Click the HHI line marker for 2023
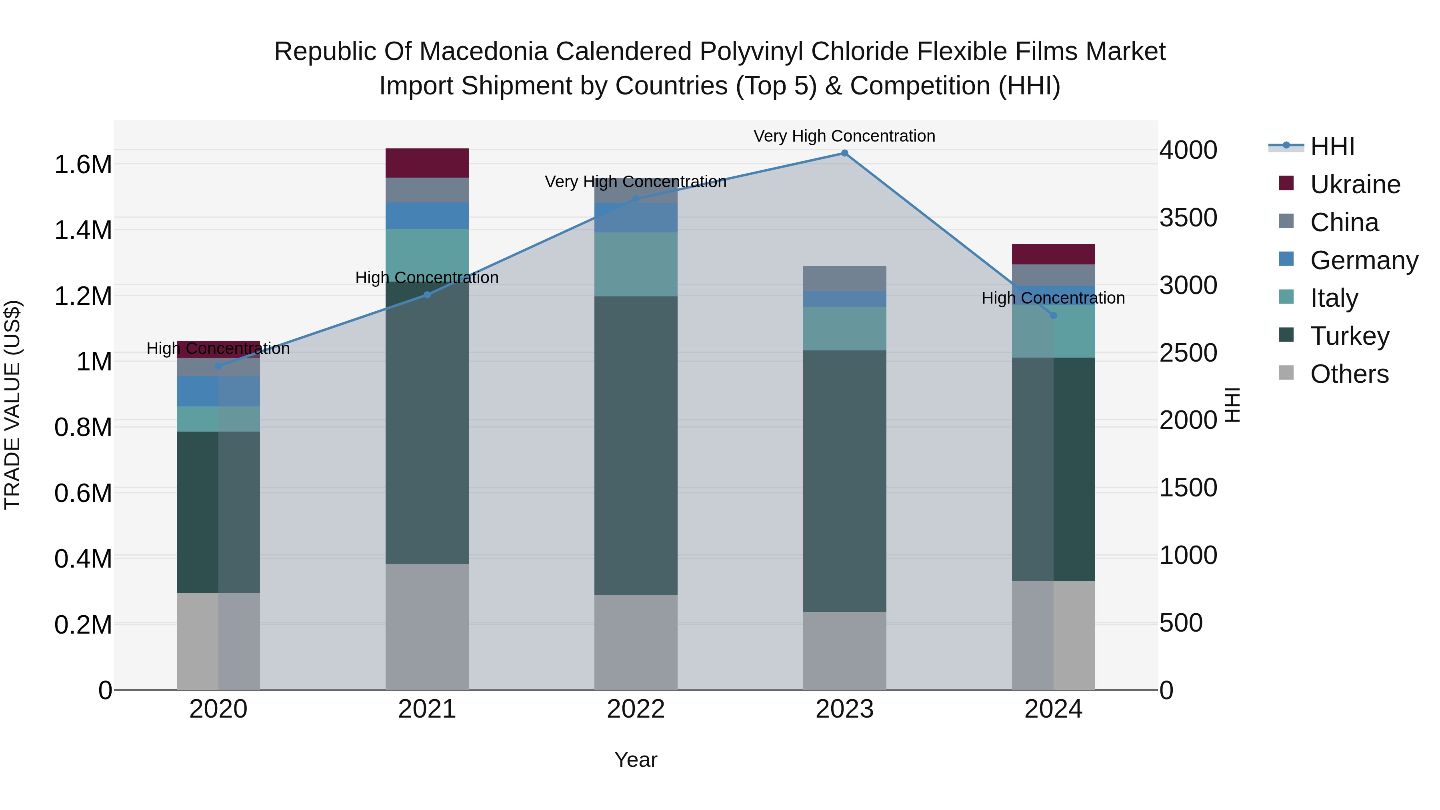click(844, 153)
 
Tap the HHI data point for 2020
click(218, 366)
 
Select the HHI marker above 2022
click(636, 199)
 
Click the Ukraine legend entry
click(1355, 184)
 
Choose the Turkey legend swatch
click(1286, 336)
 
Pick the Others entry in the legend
click(1349, 374)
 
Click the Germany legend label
click(1364, 260)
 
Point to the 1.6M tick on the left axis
click(83, 165)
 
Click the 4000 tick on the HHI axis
click(1188, 150)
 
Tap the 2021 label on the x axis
click(427, 709)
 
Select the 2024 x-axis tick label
click(1053, 709)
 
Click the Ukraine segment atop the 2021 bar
click(427, 163)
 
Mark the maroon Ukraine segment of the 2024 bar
click(1053, 254)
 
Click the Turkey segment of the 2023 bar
click(844, 481)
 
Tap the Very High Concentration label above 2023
click(844, 136)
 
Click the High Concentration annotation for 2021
click(427, 278)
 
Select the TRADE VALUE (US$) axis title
click(12, 405)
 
